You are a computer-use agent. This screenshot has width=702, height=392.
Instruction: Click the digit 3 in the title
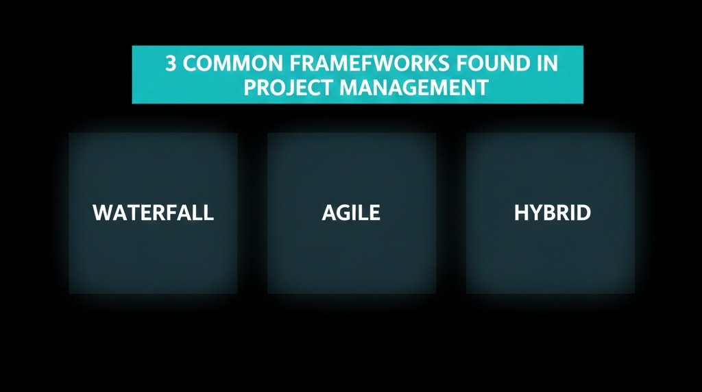click(x=170, y=64)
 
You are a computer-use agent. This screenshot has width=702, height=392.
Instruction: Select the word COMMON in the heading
click(x=223, y=64)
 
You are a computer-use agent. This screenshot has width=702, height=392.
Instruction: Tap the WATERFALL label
click(x=153, y=213)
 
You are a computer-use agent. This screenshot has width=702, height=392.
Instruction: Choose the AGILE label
click(x=351, y=213)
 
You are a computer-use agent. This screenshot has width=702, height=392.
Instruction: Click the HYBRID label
click(x=552, y=213)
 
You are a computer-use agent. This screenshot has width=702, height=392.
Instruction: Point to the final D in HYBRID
click(x=583, y=213)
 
